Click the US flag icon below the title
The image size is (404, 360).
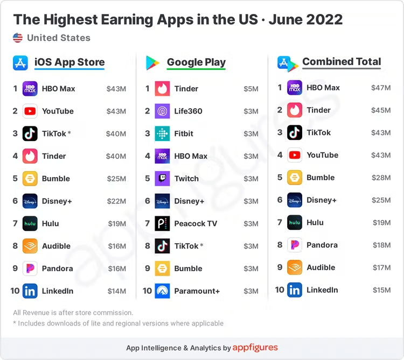[x=18, y=38]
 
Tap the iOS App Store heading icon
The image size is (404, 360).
[x=20, y=63]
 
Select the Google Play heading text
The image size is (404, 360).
[x=196, y=62]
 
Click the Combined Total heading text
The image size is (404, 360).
[x=342, y=61]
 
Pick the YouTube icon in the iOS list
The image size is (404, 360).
[x=30, y=111]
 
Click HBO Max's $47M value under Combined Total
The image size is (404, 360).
[x=381, y=88]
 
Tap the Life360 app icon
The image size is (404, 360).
[x=162, y=111]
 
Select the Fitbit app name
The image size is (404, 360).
[x=184, y=133]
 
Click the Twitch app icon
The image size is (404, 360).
[x=162, y=179]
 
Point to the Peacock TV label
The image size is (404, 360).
[x=196, y=223]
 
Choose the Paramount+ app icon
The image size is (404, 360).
[x=162, y=291]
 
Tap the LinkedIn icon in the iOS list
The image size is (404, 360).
[x=30, y=291]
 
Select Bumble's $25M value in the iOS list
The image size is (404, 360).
[x=116, y=179]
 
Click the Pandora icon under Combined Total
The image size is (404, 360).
[x=295, y=245]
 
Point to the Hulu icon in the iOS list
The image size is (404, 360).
[x=30, y=223]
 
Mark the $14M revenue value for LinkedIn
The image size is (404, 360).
[x=116, y=291]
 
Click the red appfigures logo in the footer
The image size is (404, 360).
[x=255, y=348]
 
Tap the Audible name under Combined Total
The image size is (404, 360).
[x=321, y=267]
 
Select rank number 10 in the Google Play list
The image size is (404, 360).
[x=147, y=291]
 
